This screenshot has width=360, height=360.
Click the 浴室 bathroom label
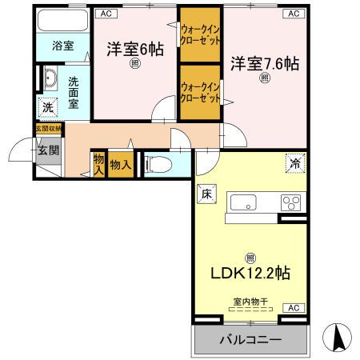(63, 46)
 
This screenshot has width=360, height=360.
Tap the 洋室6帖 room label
(135, 49)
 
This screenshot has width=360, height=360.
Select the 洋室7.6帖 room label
(265, 62)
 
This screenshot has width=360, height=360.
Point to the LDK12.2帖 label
(250, 273)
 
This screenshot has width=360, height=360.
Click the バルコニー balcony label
(250, 340)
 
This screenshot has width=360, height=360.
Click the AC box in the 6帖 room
(107, 14)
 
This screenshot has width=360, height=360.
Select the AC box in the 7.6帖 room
(294, 14)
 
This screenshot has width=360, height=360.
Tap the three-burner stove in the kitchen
(289, 202)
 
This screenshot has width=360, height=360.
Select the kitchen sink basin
(242, 202)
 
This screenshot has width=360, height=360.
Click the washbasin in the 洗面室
(49, 79)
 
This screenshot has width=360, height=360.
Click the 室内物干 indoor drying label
(250, 301)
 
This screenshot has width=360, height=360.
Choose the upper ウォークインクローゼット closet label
(200, 36)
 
